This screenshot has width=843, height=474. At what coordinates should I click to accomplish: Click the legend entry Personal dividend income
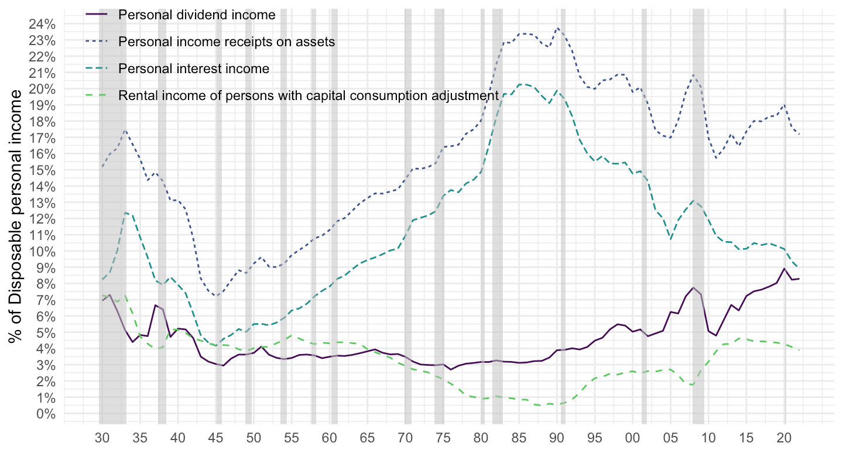[197, 15]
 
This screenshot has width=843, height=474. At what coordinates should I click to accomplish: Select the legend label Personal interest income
[193, 68]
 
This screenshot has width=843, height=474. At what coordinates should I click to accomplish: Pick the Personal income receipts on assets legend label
[226, 42]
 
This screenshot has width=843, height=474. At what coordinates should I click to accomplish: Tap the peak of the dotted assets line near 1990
[557, 28]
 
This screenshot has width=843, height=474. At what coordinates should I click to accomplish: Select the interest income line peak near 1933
[125, 212]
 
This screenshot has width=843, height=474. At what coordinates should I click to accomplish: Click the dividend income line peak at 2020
[784, 268]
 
